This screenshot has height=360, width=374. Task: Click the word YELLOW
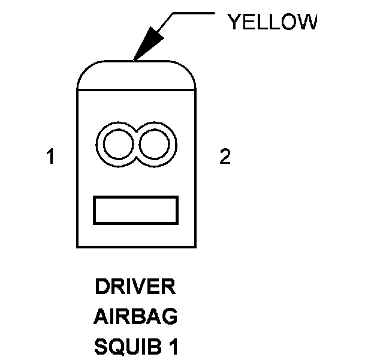coord(272,22)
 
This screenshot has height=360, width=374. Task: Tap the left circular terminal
coord(117,145)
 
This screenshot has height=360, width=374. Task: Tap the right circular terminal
coord(156,145)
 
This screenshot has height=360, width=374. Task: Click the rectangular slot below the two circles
coord(136,210)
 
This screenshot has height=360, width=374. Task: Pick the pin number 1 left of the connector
coord(51,157)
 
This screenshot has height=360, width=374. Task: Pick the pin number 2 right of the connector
coord(225,157)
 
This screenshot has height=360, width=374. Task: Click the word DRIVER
coord(135,287)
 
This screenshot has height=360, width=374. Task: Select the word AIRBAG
coord(135,316)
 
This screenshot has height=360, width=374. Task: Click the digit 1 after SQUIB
coord(173,346)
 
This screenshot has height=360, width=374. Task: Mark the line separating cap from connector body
coord(137,89)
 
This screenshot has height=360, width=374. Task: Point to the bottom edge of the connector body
coord(137,247)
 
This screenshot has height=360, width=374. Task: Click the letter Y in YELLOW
coord(234,22)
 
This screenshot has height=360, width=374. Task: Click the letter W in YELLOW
coord(306,22)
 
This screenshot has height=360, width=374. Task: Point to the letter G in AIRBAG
coord(170,316)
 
